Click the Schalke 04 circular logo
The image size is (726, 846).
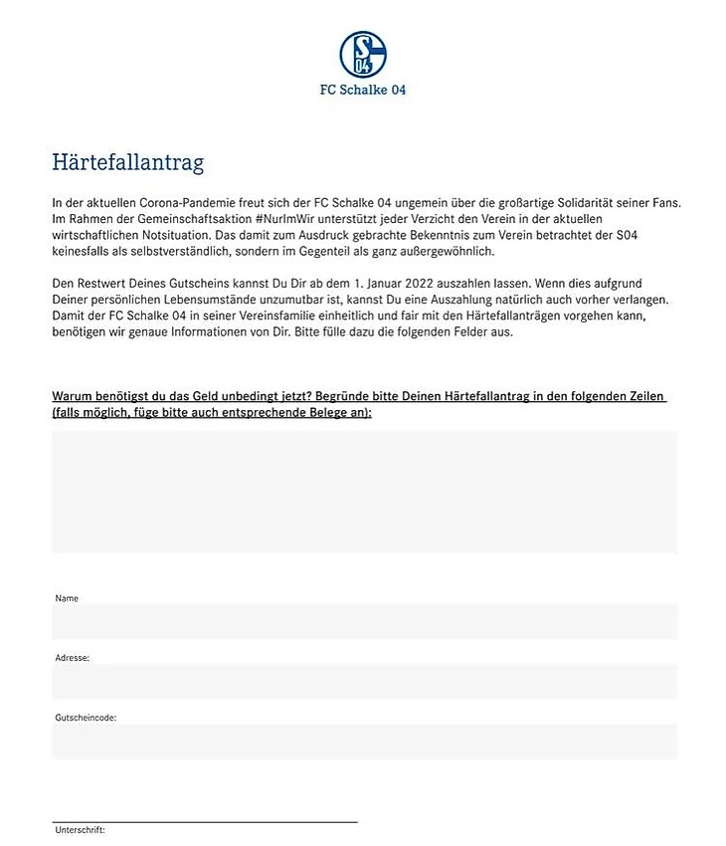[x=362, y=54]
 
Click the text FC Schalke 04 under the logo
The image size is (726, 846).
[x=362, y=90]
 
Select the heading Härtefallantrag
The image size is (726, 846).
[x=127, y=162]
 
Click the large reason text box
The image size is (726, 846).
[x=364, y=491]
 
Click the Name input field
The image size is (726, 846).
[x=364, y=621]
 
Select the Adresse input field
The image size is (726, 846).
[x=364, y=681]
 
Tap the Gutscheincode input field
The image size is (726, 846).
[x=364, y=740]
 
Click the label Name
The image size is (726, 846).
[x=67, y=598]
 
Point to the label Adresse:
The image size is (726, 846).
[x=73, y=658]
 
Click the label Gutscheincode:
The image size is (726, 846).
[x=86, y=717]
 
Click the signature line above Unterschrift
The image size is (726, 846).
[x=204, y=821]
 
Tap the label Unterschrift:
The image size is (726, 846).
[x=79, y=830]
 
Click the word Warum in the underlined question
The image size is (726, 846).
[x=73, y=397]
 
